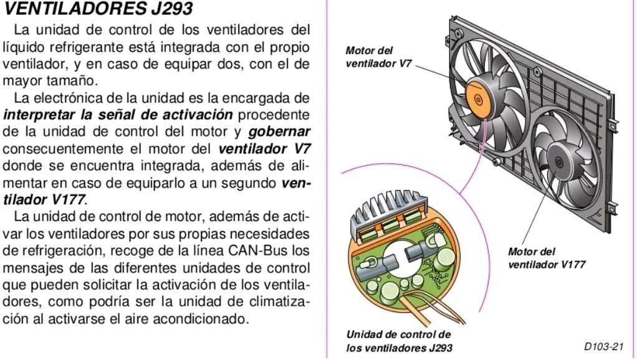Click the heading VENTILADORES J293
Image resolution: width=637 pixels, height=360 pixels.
(98, 9)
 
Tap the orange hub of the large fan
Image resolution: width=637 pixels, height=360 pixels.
(478, 98)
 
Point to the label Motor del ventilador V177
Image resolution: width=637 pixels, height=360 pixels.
(546, 258)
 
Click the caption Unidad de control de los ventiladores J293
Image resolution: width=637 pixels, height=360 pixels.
(399, 341)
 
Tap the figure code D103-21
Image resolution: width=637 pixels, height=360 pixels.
(603, 347)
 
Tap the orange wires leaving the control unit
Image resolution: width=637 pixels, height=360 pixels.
(399, 309)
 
